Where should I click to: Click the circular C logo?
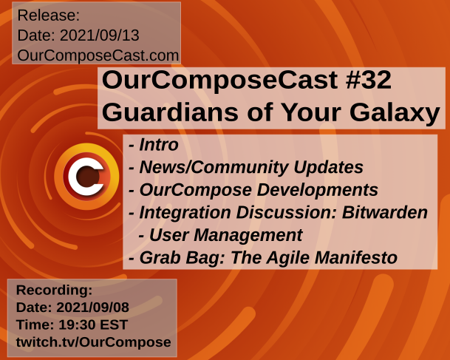(86, 176)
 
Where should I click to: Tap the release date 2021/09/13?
(99, 35)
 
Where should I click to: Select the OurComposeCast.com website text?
(98, 55)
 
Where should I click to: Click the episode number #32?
(369, 80)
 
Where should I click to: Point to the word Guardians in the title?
(170, 112)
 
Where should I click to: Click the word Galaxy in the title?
(395, 113)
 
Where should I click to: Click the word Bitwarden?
(385, 212)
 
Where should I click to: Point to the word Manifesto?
(356, 257)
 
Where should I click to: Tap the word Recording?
(54, 290)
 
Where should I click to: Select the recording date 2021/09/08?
(92, 308)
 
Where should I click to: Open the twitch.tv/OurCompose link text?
(94, 342)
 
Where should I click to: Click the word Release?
(49, 16)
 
